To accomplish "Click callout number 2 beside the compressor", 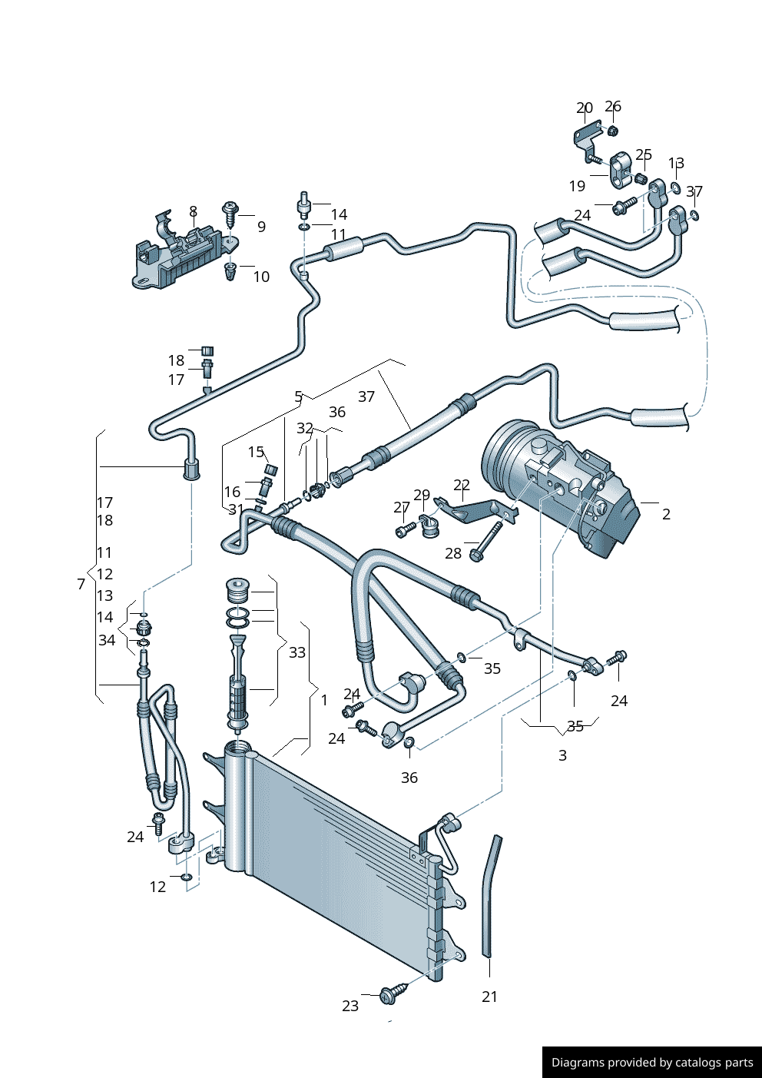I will point(666,514).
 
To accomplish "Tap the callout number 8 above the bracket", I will point(193,211).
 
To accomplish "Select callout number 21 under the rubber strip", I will point(489,997).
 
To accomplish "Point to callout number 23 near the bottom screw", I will point(350,1006).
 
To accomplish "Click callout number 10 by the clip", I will point(261,277).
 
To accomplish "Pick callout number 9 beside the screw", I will point(261,227).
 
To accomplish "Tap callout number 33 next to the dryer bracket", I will point(297,652).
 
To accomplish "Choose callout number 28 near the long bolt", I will point(453,553).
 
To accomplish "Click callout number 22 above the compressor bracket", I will point(462,485).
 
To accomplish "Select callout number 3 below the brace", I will point(562,755).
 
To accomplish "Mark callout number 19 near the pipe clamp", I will point(577,186).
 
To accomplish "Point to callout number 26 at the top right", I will point(613,107).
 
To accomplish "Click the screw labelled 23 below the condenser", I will point(389,996).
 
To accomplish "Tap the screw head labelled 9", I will point(230,207).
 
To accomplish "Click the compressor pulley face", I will point(499,461).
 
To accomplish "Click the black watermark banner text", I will point(652,1063).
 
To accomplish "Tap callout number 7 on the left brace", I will point(81,584).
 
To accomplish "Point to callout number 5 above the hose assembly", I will point(298,396).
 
